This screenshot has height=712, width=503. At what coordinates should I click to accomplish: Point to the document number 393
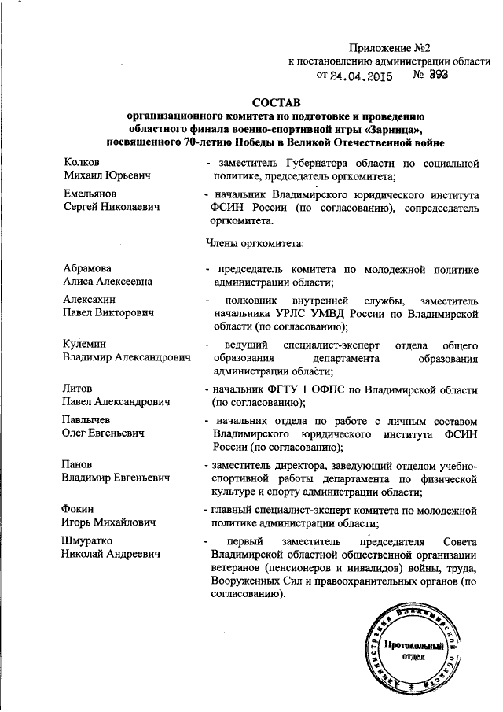(437, 76)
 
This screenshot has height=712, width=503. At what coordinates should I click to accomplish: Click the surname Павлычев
(89, 421)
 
